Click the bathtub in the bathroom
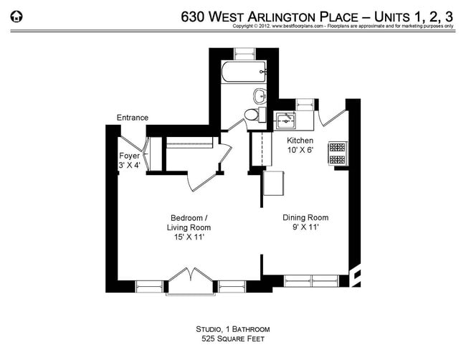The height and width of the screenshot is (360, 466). coord(244,72)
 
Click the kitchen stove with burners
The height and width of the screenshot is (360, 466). coord(336,153)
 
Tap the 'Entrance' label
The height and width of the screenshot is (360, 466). coord(133,118)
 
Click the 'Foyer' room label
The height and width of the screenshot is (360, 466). coord(129,155)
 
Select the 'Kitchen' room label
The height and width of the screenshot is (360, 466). coord(300,140)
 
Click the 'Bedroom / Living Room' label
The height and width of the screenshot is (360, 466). coord(189,218)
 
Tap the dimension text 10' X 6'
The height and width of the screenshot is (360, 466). coord(300,150)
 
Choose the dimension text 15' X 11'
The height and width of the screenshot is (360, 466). coord(189,237)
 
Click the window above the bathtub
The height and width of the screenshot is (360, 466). coord(244,52)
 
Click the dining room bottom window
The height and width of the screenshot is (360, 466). coord(313,280)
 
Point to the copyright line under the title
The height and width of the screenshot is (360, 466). coord(343,26)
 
